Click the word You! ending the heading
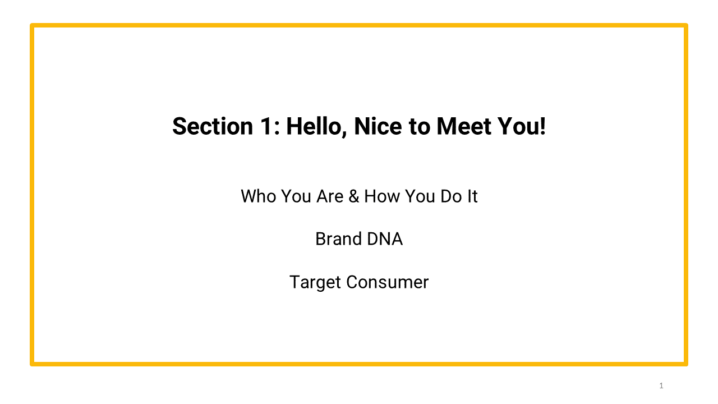(x=522, y=127)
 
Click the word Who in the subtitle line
(x=259, y=196)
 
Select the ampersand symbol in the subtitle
(x=353, y=196)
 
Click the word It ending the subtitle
(x=472, y=196)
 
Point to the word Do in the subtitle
(x=450, y=196)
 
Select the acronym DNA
(x=385, y=239)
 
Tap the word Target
(x=315, y=282)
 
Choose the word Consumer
(x=387, y=282)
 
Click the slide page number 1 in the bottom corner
(x=661, y=385)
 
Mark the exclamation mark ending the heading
(x=542, y=127)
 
